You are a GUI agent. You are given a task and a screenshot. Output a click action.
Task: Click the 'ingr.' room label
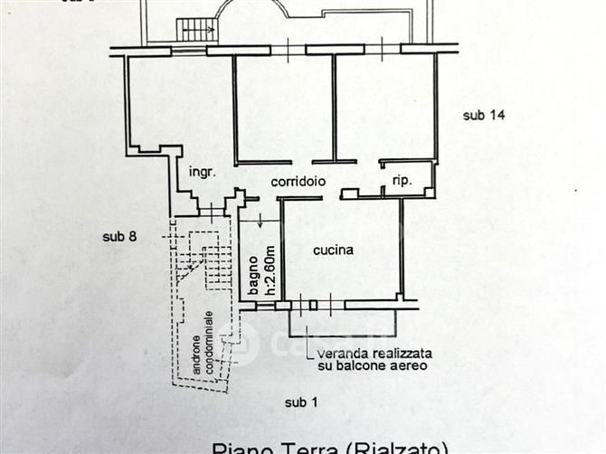[x=201, y=172]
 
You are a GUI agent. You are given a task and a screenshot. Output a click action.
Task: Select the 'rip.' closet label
[x=402, y=180]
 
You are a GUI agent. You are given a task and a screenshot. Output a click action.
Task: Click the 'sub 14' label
[x=483, y=115]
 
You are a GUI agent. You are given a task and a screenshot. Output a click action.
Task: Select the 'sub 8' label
[x=119, y=237]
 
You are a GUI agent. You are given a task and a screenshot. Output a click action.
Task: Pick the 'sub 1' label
[x=300, y=402]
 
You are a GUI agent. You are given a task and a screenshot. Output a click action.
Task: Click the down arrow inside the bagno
[x=261, y=218]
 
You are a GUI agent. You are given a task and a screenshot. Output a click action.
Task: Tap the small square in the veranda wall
[x=314, y=305]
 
